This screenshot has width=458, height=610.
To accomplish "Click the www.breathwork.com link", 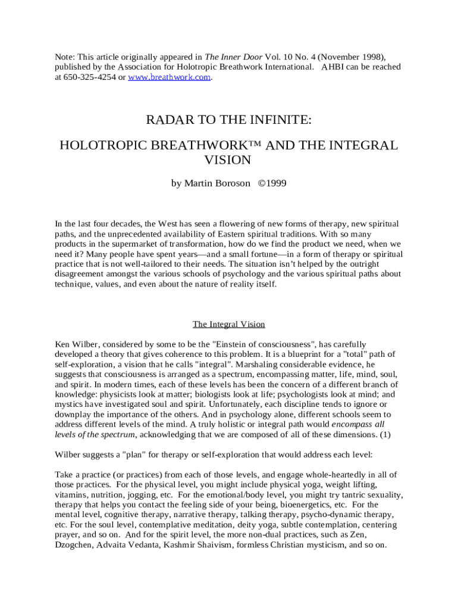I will coord(169,77).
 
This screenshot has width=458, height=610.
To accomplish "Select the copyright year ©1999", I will coord(272,183).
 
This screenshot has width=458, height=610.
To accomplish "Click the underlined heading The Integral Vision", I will coord(228,324).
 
